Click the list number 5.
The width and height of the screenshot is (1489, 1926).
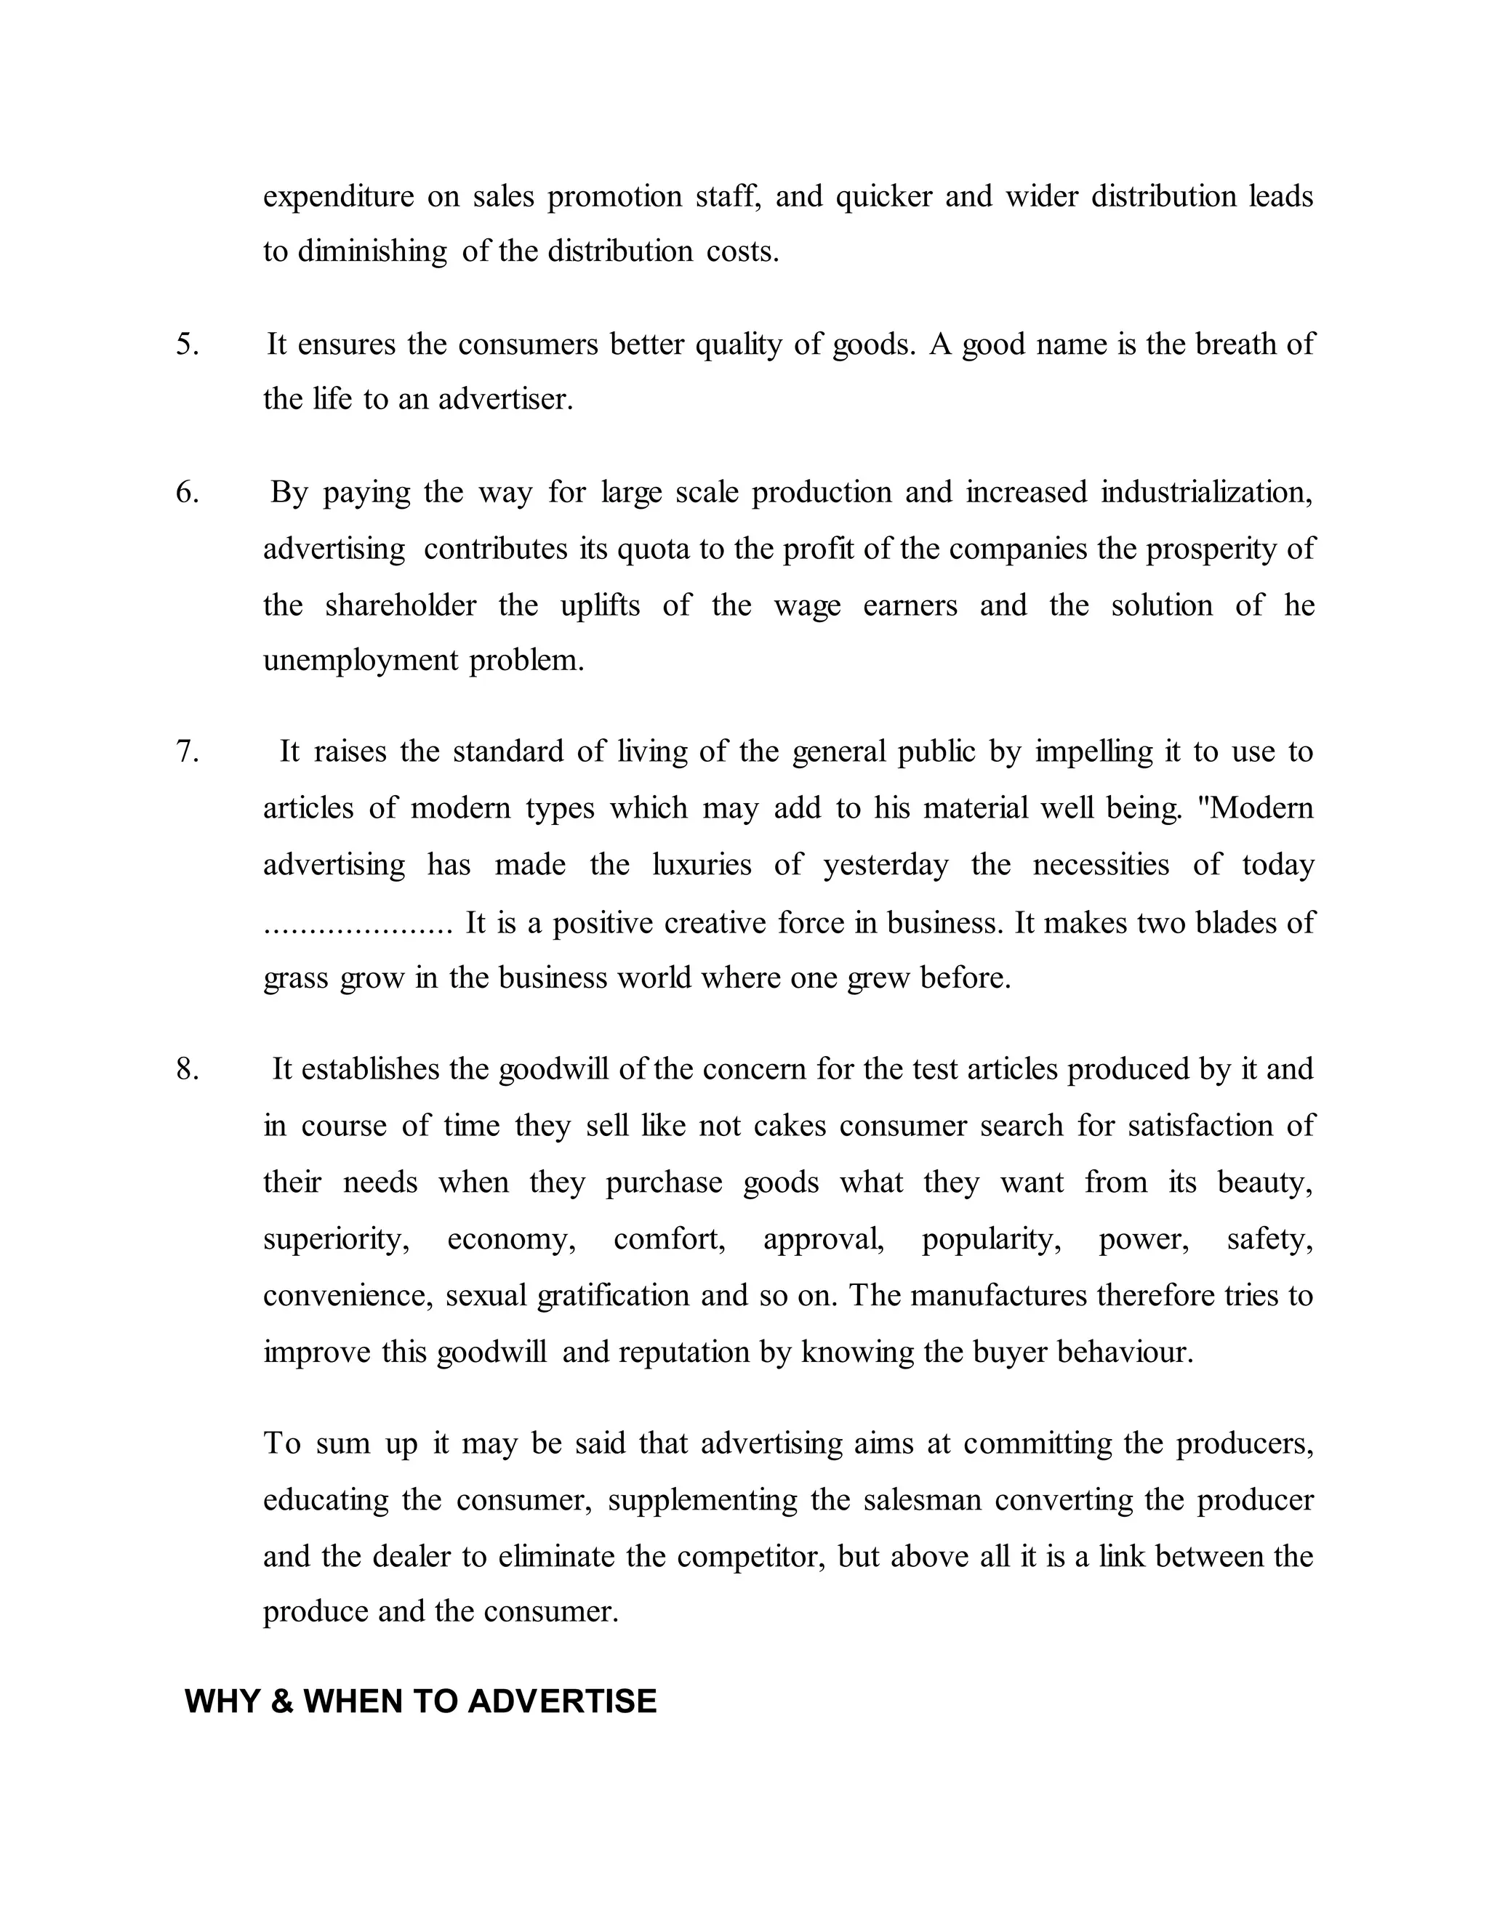(x=187, y=344)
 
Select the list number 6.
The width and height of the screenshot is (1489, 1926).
(x=187, y=492)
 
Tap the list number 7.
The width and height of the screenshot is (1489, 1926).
(x=187, y=752)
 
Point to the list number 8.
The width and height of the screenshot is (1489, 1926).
(x=187, y=1069)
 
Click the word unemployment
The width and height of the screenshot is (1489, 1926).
(x=361, y=661)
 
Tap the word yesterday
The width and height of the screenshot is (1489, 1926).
(x=886, y=864)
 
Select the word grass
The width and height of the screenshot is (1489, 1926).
(x=295, y=979)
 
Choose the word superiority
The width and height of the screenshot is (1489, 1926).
(x=336, y=1240)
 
